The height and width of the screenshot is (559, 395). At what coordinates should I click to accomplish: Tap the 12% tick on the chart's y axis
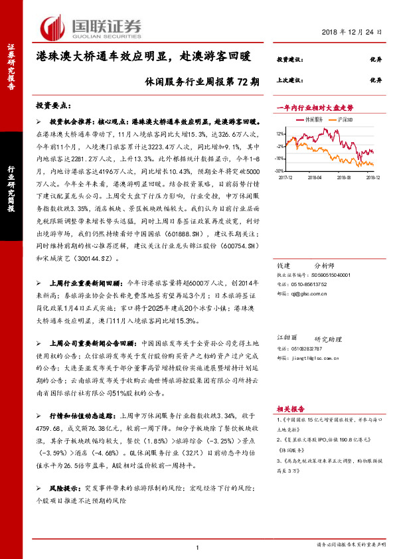pyautogui.click(x=281, y=133)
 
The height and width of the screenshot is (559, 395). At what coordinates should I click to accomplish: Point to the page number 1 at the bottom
pyautogui.click(x=198, y=546)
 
